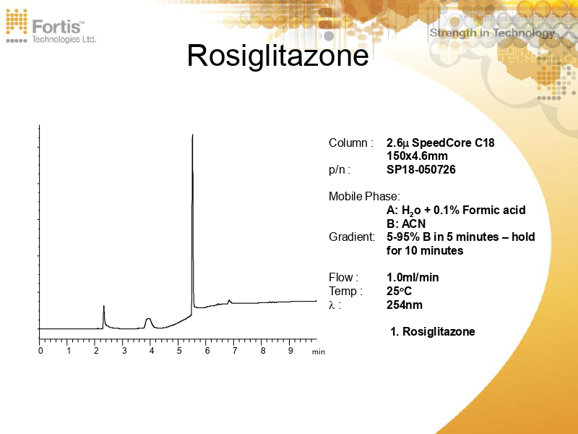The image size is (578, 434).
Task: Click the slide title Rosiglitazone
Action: click(x=277, y=56)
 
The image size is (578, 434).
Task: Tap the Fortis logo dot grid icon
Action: click(x=17, y=25)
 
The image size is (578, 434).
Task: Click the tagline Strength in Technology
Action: click(x=492, y=33)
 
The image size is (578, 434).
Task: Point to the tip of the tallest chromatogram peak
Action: click(x=192, y=135)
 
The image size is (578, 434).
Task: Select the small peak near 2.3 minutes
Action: click(x=104, y=307)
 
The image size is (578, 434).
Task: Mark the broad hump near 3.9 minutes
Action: click(x=148, y=319)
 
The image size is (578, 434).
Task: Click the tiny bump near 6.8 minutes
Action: click(x=229, y=300)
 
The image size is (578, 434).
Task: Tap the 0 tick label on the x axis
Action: click(x=40, y=351)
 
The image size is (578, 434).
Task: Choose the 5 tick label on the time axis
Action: click(x=180, y=351)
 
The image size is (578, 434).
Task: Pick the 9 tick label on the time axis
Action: click(x=290, y=351)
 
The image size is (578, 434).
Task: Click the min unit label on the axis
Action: click(x=319, y=352)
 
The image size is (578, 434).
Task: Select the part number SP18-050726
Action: click(x=421, y=170)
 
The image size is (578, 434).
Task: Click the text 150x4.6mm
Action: click(x=417, y=156)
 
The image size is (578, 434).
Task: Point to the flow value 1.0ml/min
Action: click(x=413, y=277)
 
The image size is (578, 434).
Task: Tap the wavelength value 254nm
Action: click(x=405, y=305)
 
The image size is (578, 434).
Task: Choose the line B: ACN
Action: click(x=406, y=224)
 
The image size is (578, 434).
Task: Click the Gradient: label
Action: click(x=352, y=237)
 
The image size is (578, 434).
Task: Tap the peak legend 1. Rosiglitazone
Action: click(x=432, y=331)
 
